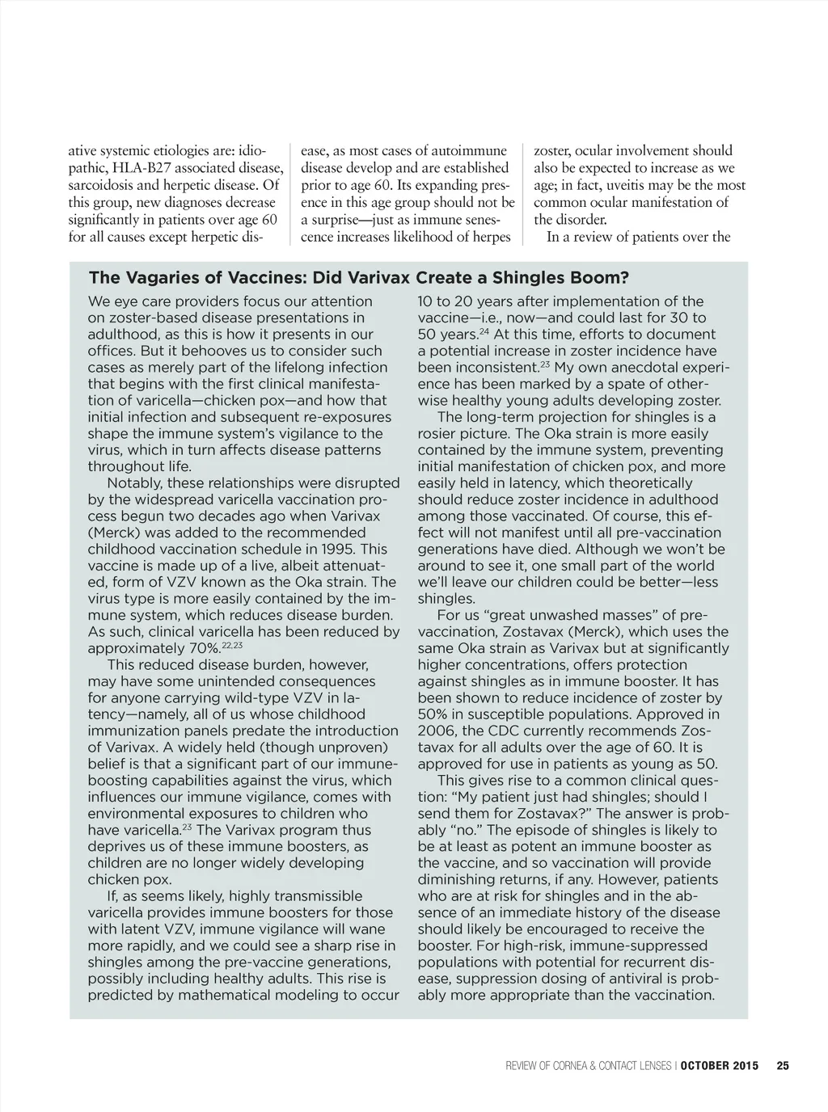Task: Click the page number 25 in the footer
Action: (x=782, y=1065)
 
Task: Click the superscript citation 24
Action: (x=484, y=331)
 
